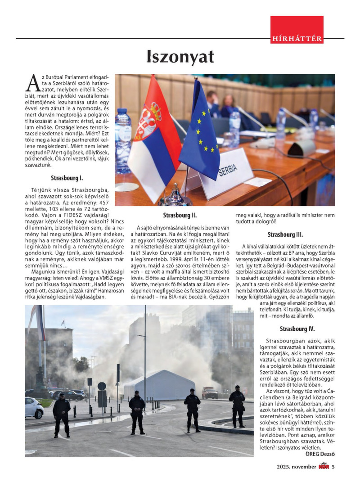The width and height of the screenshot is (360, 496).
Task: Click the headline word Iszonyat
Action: tap(180, 57)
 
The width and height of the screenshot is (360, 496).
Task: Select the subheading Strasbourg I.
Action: tap(67, 178)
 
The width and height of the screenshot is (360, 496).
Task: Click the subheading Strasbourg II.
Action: tap(180, 215)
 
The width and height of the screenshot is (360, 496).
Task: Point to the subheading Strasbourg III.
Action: tap(285, 234)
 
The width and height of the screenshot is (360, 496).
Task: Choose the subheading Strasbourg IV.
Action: tap(297, 329)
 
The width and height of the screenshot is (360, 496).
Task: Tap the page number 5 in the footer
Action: tap(333, 467)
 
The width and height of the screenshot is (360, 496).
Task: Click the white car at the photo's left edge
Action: tap(34, 407)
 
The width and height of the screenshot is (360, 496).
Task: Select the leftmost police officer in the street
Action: tap(61, 414)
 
